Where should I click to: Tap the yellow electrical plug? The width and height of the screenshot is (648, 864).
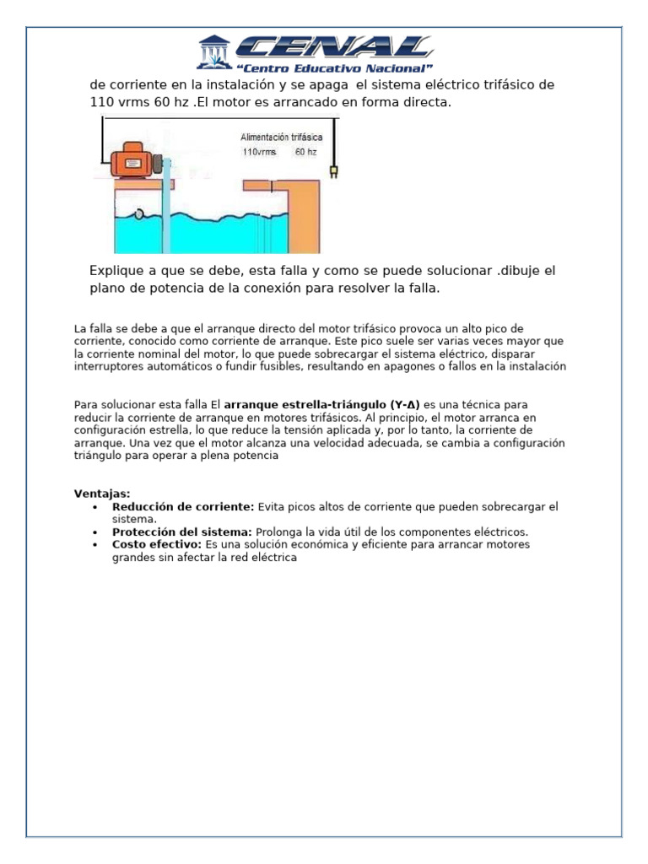[x=333, y=173]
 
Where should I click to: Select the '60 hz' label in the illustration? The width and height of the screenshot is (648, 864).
[x=305, y=153]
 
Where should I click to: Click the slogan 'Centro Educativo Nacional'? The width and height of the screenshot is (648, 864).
[x=334, y=67]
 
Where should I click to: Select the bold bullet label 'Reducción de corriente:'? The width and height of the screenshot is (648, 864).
[x=183, y=506]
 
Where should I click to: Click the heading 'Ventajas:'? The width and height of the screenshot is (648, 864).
[x=102, y=494]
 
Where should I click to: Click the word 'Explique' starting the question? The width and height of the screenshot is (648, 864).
[x=116, y=271]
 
